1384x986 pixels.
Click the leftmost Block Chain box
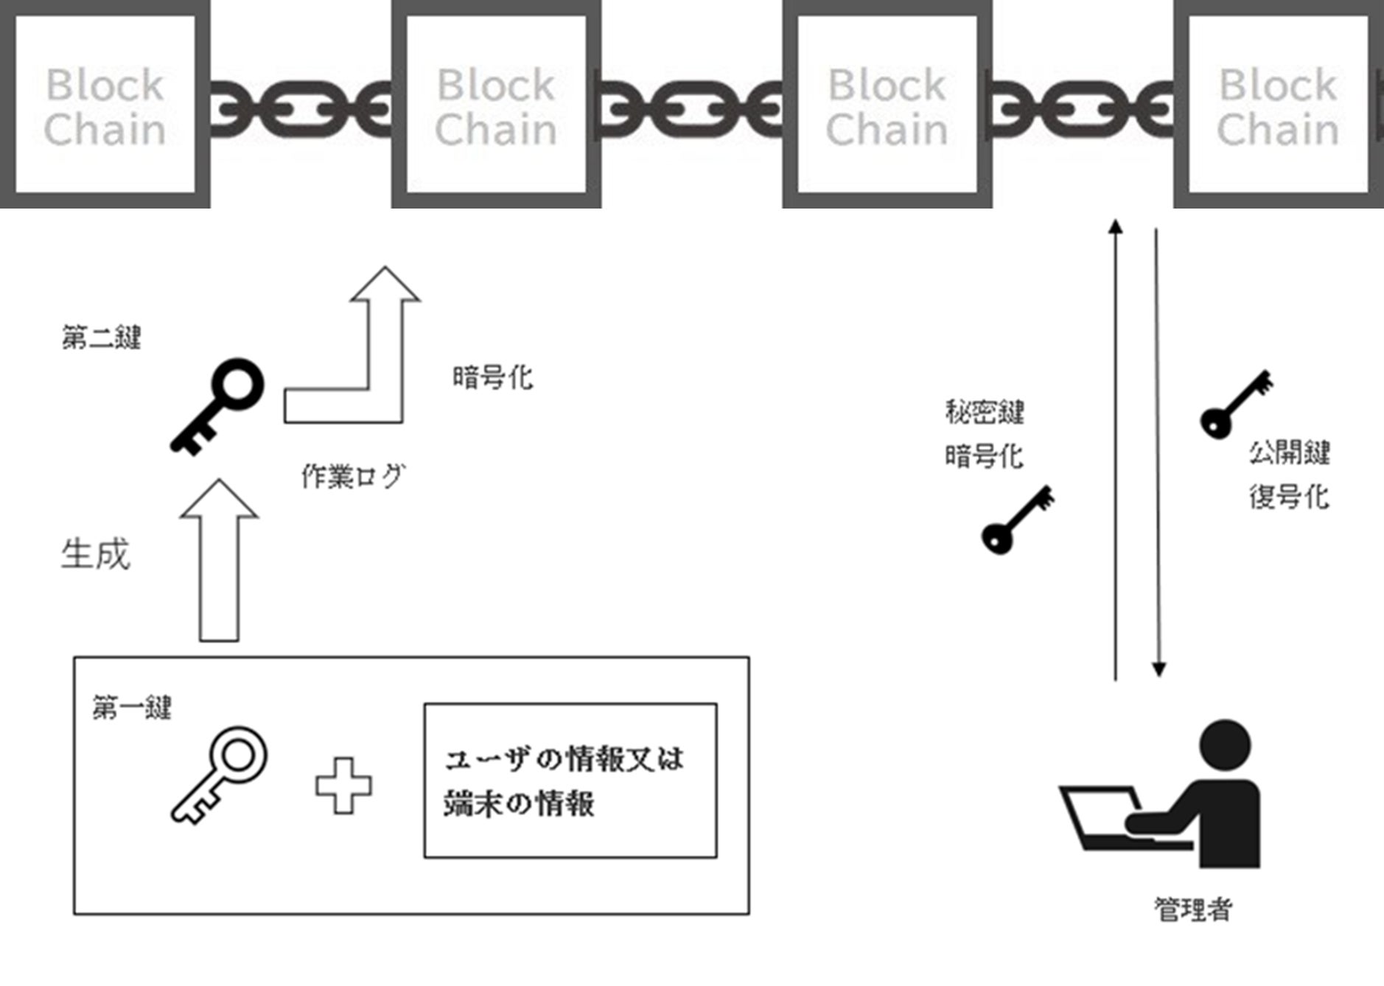point(105,105)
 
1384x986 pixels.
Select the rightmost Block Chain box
point(1278,105)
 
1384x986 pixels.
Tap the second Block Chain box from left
point(496,105)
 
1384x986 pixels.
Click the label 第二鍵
point(102,338)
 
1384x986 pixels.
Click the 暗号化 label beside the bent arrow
point(492,378)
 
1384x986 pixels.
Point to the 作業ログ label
point(353,477)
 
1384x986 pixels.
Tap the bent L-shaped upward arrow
point(368,361)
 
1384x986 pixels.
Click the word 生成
point(96,554)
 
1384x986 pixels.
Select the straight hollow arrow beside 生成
point(220,560)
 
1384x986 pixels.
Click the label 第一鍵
point(132,708)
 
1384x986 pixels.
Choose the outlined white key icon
point(220,774)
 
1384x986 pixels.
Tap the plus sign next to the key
point(343,786)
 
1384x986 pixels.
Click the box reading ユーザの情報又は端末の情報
point(570,780)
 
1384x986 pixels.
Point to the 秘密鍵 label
point(985,413)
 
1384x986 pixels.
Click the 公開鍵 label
point(1289,452)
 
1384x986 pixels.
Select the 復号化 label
point(1289,497)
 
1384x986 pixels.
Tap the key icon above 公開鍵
point(1236,405)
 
